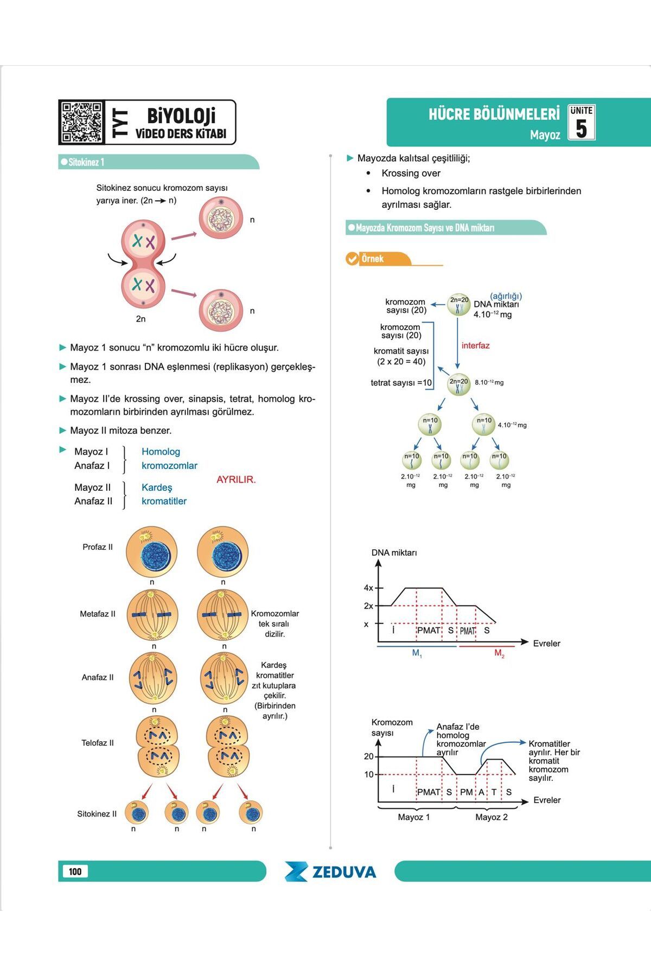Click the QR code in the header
81,122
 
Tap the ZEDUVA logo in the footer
330,871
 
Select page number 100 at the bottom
75,871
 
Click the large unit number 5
581,129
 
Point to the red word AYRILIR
236,480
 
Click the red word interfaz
475,345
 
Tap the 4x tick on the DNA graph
369,588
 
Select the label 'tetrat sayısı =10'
401,383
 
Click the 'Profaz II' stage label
98,547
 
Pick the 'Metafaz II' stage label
98,614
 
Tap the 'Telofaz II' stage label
98,743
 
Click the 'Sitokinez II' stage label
97,814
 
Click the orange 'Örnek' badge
372,259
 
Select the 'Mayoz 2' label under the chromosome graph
492,817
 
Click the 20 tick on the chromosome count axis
369,756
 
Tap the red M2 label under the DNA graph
500,653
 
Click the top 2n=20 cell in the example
459,305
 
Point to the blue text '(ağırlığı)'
506,296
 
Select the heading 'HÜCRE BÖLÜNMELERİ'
494,114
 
